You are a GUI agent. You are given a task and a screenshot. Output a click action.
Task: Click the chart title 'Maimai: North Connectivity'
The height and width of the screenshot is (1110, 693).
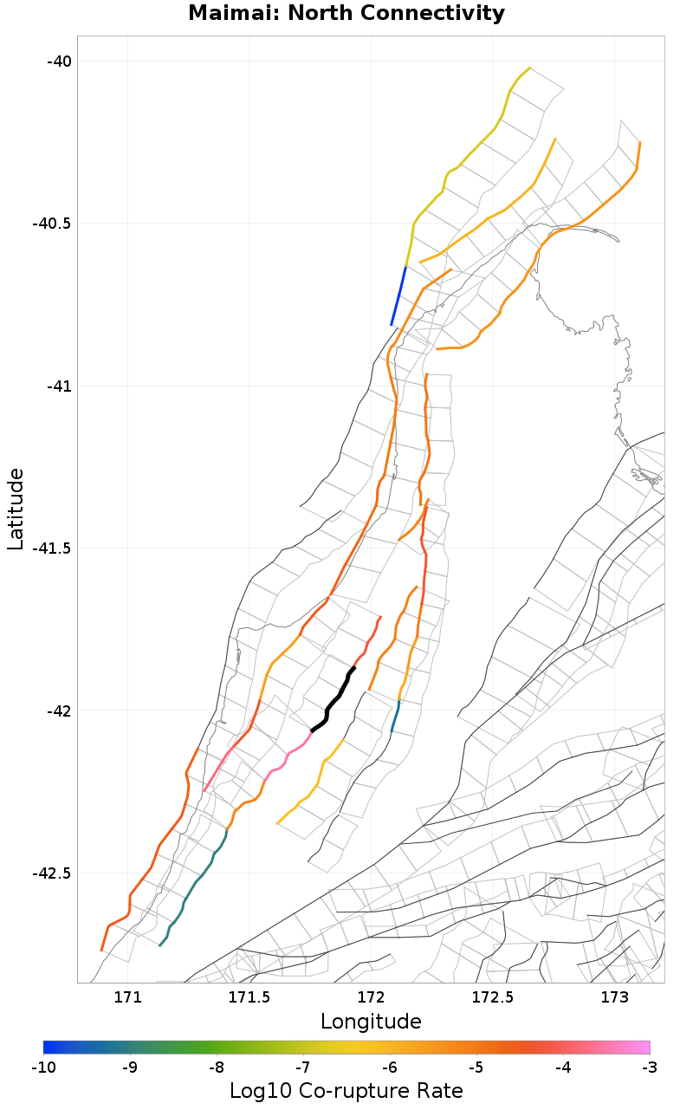(x=346, y=14)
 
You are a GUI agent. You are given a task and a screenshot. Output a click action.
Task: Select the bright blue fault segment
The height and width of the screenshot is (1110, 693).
(x=398, y=296)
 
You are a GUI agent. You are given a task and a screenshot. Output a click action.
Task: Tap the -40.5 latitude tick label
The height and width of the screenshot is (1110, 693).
(x=52, y=224)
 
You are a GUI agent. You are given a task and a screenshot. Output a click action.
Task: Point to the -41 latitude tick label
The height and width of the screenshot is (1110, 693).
(x=59, y=386)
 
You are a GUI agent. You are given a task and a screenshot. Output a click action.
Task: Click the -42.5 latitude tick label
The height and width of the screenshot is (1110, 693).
(x=52, y=873)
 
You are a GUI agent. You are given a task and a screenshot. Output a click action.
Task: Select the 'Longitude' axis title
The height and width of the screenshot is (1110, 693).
(x=371, y=1022)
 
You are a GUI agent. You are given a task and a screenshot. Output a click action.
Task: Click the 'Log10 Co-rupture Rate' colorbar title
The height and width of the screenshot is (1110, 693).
(x=346, y=1091)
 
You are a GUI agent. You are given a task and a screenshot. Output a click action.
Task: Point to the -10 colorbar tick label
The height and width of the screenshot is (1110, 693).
(x=43, y=1068)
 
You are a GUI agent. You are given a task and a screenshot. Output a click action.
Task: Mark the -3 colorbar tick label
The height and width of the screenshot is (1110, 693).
(x=650, y=1068)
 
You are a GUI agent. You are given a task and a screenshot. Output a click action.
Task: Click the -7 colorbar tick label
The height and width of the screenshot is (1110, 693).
(x=303, y=1068)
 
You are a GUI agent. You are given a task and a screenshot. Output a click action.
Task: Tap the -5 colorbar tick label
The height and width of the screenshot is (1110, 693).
(x=476, y=1068)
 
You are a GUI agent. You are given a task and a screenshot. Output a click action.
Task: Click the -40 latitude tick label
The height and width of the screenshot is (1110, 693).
(x=59, y=61)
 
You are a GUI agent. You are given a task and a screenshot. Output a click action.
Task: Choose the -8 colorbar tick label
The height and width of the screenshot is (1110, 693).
(x=217, y=1068)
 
